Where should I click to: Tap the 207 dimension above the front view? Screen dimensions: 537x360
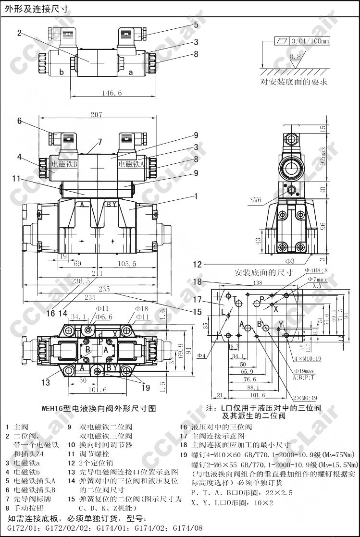tap(97, 114)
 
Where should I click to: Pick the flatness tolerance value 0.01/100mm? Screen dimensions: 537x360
tap(310, 41)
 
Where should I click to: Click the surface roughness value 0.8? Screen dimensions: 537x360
tap(295, 57)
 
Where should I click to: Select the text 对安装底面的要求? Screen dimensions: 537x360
tap(294, 82)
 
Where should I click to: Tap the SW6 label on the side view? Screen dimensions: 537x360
tap(256, 200)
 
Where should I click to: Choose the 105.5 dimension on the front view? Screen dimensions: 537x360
tap(126, 264)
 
